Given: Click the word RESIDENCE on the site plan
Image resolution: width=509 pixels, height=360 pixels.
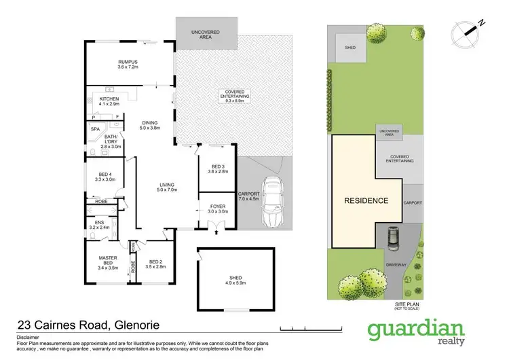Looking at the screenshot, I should (x=366, y=201).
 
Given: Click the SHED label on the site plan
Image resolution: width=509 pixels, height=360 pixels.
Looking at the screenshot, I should (x=350, y=48).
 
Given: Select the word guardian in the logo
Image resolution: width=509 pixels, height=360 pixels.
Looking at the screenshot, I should (x=408, y=331).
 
